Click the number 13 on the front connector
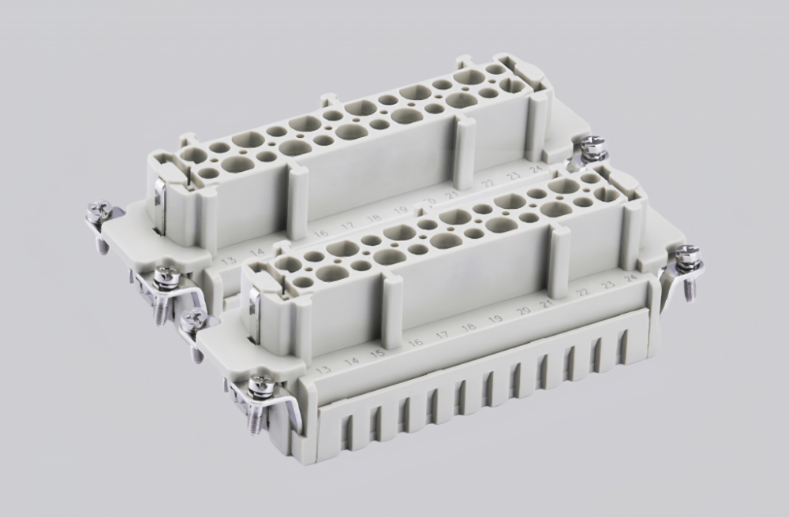[323, 370]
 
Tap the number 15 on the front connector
[378, 352]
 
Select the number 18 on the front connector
[469, 327]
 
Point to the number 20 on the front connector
[522, 311]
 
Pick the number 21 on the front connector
[545, 304]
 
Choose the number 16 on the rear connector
[320, 234]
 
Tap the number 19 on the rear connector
[401, 210]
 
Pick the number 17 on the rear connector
[347, 226]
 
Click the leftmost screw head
[99, 210]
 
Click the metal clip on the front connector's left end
[255, 306]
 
